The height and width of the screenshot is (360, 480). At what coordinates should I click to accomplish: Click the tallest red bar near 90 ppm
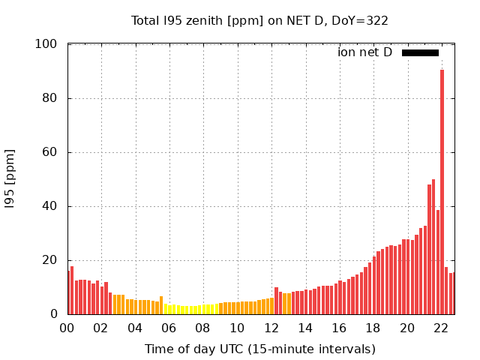click(x=442, y=191)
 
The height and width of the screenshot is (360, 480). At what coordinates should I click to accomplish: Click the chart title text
click(x=259, y=20)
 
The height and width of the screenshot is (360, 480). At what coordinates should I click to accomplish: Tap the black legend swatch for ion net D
click(x=420, y=52)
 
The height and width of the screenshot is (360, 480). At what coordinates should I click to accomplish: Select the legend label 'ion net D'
click(x=364, y=52)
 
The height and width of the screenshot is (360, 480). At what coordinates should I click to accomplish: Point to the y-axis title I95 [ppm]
click(x=10, y=179)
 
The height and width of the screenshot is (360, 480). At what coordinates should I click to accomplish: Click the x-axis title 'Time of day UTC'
click(x=259, y=349)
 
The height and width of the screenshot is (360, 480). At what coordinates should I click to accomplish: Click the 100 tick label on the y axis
click(x=46, y=44)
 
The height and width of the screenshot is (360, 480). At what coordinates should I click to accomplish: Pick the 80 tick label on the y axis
click(x=49, y=98)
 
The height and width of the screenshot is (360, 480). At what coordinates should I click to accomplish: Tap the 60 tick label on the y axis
click(x=49, y=152)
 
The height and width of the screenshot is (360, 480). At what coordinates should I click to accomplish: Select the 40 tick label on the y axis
click(x=49, y=206)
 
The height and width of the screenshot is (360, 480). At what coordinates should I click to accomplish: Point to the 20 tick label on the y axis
click(x=49, y=260)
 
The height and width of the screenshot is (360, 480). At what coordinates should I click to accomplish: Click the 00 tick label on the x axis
click(x=67, y=328)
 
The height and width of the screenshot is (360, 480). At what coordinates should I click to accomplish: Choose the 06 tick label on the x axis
click(x=169, y=328)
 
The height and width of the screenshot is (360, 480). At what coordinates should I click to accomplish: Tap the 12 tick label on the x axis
click(x=271, y=328)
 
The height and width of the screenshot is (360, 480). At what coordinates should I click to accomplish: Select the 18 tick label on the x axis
click(x=373, y=328)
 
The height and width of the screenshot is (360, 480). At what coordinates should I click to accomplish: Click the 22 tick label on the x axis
click(x=441, y=328)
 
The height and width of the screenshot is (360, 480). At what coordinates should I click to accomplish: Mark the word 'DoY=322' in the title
click(x=361, y=20)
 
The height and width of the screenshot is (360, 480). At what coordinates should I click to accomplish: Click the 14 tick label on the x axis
click(x=305, y=328)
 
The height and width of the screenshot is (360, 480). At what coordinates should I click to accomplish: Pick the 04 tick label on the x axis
click(x=135, y=328)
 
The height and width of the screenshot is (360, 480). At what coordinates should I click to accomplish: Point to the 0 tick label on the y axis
click(x=53, y=314)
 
